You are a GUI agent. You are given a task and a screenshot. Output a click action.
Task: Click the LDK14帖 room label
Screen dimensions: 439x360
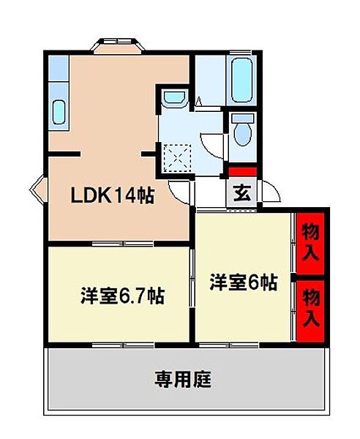pyautogui.click(x=112, y=195)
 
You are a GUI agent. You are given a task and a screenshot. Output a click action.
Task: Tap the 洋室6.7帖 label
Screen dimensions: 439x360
pyautogui.click(x=121, y=296)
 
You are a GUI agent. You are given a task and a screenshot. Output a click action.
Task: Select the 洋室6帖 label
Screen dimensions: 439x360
pyautogui.click(x=244, y=282)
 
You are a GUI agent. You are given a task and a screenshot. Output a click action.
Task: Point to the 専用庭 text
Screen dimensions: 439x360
pyautogui.click(x=183, y=380)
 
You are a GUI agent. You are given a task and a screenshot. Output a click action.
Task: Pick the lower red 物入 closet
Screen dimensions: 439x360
pyautogui.click(x=312, y=307)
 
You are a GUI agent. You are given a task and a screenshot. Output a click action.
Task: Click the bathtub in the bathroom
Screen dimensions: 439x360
pyautogui.click(x=241, y=80)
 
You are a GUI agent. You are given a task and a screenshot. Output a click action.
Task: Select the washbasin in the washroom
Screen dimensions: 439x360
pyautogui.click(x=173, y=97)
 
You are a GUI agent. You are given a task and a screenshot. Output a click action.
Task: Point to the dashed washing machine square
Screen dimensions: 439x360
pyautogui.click(x=179, y=156)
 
